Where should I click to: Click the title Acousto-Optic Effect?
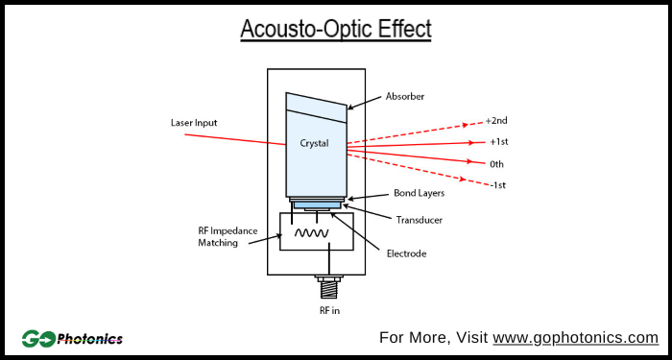point(335,30)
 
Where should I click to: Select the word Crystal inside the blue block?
point(314,144)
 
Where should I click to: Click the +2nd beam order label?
point(495,121)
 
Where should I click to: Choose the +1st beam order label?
point(498,142)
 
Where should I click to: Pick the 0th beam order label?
point(496,164)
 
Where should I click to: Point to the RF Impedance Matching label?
point(224,237)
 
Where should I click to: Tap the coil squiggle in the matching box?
point(312,233)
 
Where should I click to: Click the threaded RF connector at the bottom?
point(330,285)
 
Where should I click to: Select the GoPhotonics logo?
point(72,338)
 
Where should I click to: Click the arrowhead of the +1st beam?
point(470,142)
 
